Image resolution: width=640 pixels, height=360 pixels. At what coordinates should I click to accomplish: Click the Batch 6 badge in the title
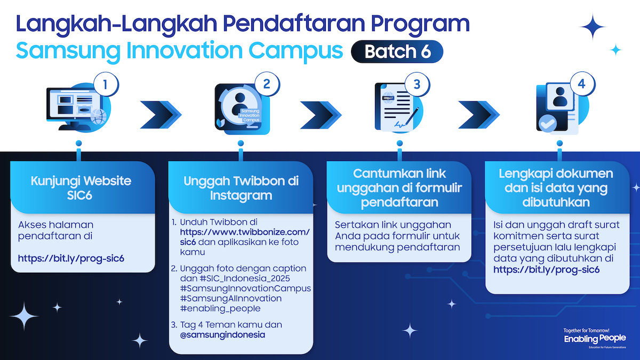coord(397,51)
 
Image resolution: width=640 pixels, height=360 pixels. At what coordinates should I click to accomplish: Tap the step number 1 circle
coord(106,84)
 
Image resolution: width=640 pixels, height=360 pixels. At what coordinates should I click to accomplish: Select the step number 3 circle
coord(417,84)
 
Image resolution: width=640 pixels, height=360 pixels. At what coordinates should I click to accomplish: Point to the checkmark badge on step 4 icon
coord(547,123)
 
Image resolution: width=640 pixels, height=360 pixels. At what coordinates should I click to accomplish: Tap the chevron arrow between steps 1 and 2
coord(161,115)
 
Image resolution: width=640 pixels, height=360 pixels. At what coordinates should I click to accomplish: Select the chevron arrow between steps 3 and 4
coord(479,115)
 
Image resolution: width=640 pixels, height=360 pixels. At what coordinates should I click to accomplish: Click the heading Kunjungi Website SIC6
coord(81,188)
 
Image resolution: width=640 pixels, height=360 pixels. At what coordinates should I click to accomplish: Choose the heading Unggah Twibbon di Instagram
coord(241,188)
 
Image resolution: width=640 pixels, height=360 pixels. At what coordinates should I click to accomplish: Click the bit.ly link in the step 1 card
coord(71,259)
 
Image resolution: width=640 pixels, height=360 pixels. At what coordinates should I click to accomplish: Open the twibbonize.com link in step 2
coord(245,237)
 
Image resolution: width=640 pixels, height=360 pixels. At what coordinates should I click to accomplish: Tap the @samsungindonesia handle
coord(222,334)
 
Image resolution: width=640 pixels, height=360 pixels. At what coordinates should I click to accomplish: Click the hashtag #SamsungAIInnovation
coord(231,298)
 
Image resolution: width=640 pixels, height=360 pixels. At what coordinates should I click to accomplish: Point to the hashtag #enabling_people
coord(220,309)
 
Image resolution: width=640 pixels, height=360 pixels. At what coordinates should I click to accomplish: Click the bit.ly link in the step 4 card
coord(546,270)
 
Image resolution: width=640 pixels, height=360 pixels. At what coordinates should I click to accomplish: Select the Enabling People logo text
coord(595,339)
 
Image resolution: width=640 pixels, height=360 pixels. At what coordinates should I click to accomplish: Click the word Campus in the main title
coord(295,51)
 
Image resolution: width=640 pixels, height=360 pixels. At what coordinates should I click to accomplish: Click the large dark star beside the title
coord(593,27)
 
